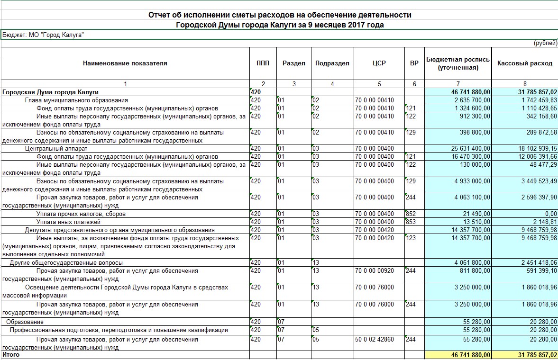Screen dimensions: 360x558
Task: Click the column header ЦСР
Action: pos(379,63)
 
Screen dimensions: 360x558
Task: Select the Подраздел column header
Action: pos(332,63)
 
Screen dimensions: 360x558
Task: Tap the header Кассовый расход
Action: pos(525,63)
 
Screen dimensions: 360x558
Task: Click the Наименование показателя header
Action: pos(125,63)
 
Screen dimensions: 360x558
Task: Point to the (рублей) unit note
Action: pos(545,43)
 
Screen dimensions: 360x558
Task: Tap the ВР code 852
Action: pos(411,214)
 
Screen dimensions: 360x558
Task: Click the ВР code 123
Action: pos(411,238)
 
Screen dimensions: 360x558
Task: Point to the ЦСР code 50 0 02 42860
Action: pos(375,339)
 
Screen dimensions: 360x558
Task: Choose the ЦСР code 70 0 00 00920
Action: pos(375,270)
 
